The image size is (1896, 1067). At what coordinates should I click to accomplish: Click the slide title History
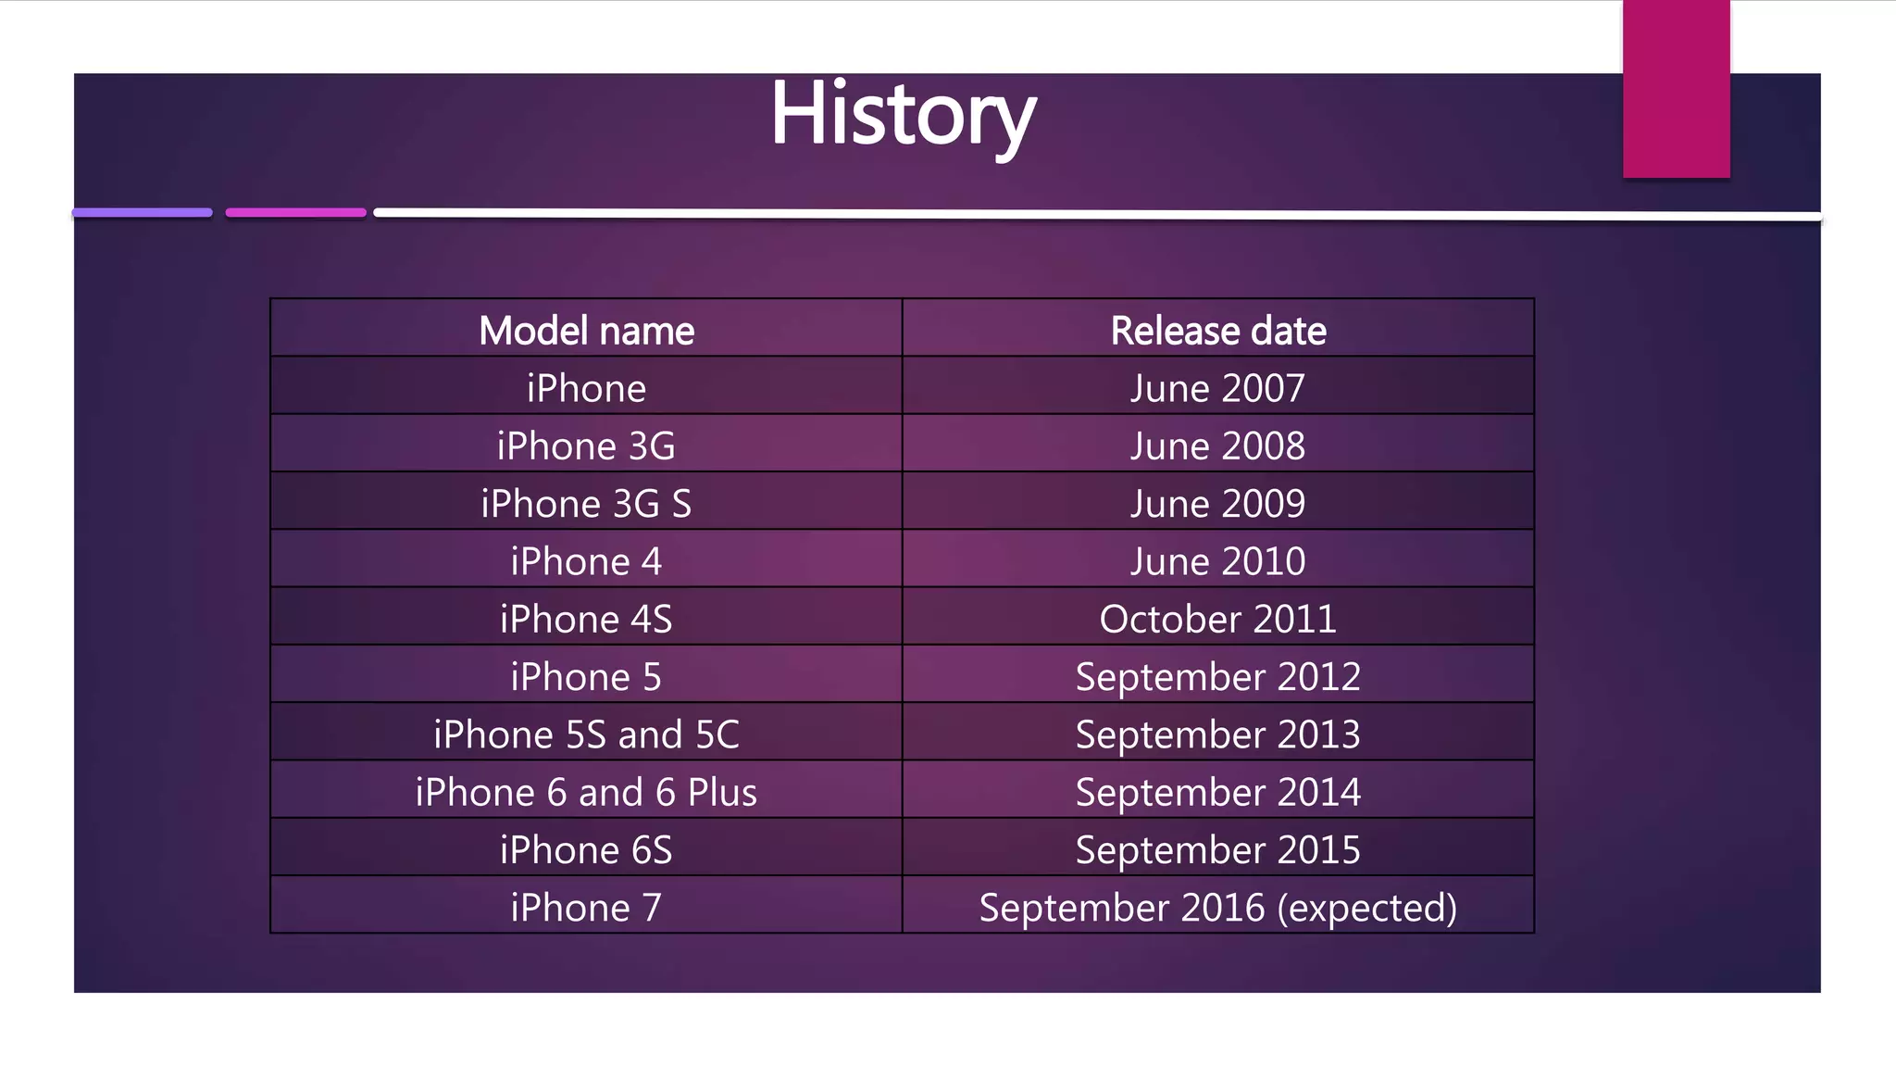(903, 115)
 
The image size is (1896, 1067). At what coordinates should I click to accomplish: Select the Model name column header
(586, 331)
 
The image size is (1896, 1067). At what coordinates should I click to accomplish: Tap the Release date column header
(1217, 331)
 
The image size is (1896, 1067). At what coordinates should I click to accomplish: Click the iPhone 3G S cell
(586, 504)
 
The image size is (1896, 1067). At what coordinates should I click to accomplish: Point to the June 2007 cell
(1217, 388)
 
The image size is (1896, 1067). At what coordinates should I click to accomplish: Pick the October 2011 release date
(1217, 619)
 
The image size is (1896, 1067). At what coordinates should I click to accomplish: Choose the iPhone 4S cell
(586, 619)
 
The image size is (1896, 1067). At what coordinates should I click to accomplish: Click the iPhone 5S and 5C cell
(586, 734)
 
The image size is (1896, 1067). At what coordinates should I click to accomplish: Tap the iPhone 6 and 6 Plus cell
(586, 792)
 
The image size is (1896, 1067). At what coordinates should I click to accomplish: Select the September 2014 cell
(1217, 792)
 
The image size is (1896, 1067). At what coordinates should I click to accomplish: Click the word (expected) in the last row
(1366, 908)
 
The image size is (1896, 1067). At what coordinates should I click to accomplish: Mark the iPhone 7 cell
(586, 908)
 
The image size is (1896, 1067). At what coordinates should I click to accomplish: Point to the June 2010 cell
(1217, 561)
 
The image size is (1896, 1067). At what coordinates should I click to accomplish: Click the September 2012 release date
(1217, 677)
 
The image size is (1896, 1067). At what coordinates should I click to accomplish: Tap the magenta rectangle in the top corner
(1676, 89)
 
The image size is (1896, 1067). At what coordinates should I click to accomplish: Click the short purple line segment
(143, 213)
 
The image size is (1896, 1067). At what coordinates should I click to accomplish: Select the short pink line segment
(296, 213)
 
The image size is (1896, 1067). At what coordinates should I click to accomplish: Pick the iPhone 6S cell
(586, 850)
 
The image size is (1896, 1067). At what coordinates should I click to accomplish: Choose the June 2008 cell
(1217, 446)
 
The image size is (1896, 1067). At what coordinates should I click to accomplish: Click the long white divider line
(1097, 215)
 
